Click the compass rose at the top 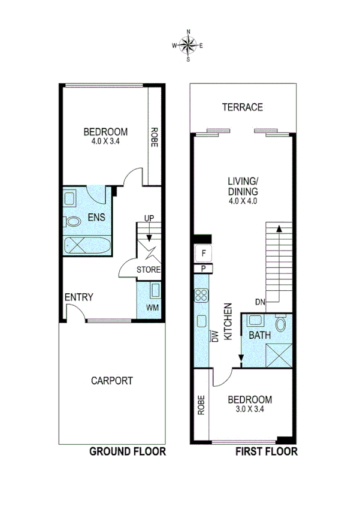coord(188,45)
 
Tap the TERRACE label coord(242,107)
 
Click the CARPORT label coord(111,380)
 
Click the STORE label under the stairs coord(149,269)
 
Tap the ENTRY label coord(78,297)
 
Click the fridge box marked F coord(204,253)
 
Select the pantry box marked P coord(204,269)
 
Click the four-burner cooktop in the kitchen coord(200,295)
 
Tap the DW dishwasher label coord(214,337)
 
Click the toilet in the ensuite coord(73,221)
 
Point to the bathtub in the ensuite coord(87,245)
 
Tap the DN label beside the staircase coord(260,302)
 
